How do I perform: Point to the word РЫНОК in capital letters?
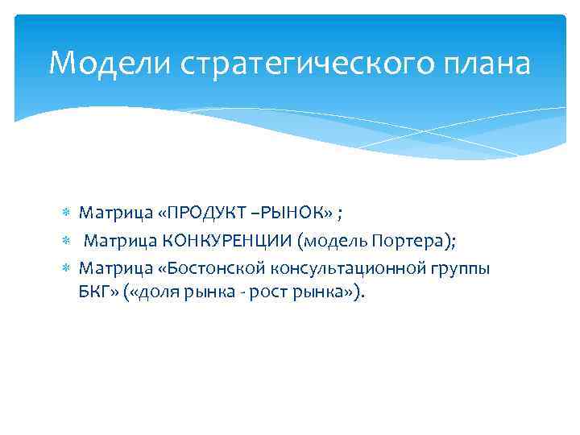pyautogui.click(x=291, y=212)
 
